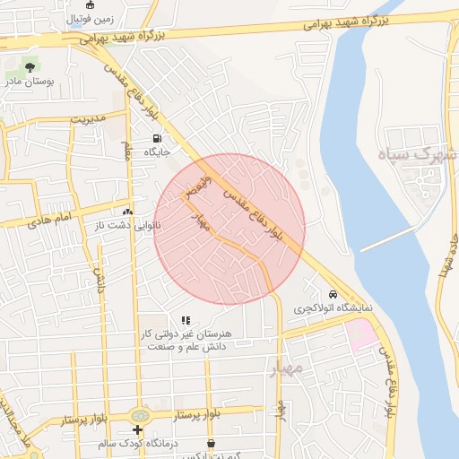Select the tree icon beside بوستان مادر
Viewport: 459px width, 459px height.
30,66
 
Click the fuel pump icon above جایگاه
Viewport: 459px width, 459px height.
158,139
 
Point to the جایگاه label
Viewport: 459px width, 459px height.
158,153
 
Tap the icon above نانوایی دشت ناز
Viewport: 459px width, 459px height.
126,212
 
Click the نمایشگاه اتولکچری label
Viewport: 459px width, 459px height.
333,308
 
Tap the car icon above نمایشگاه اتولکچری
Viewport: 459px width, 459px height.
333,294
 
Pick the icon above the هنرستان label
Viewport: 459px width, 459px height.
186,319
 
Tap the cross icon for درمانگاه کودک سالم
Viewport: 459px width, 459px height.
137,430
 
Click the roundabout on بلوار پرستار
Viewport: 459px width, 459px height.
140,417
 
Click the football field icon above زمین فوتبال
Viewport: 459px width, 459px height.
90,4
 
